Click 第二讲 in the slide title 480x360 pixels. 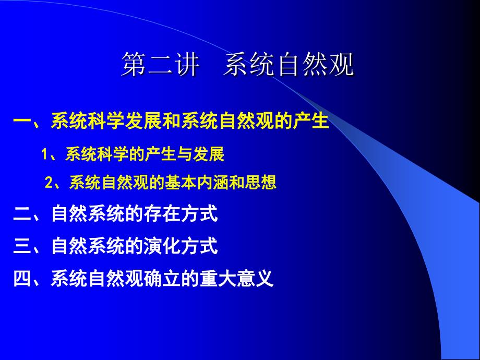tap(160, 66)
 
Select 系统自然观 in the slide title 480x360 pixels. tap(289, 66)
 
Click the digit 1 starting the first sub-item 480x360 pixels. tap(45, 155)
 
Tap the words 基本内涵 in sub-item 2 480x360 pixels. tap(197, 184)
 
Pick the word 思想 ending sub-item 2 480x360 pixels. tap(265, 184)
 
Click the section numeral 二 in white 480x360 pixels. tap(22, 214)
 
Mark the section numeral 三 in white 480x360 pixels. tap(22, 246)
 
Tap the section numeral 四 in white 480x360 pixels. tap(22, 278)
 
